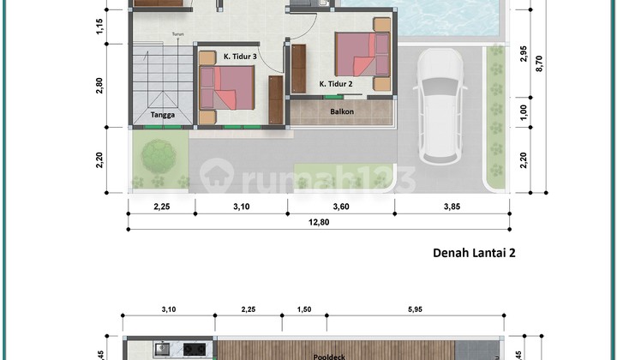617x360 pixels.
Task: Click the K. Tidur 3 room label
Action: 241,57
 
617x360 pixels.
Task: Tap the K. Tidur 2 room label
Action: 337,84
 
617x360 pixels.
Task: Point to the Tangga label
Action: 164,115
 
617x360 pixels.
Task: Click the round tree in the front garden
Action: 159,156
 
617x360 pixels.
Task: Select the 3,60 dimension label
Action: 341,206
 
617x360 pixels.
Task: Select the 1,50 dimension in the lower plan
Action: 303,309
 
